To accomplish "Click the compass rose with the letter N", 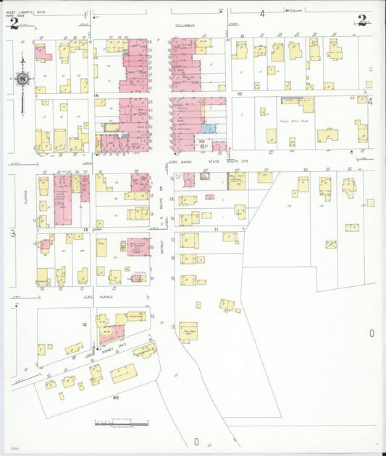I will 23,79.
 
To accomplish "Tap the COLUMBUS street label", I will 185,25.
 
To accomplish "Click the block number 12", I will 84,325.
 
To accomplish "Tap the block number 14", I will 96,95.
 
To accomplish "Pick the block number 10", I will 238,94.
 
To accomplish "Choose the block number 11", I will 216,228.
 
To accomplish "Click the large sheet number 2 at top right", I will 362,20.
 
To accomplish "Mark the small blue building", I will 209,129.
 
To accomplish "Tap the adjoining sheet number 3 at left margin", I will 12,233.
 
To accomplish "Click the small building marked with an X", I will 331,245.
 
